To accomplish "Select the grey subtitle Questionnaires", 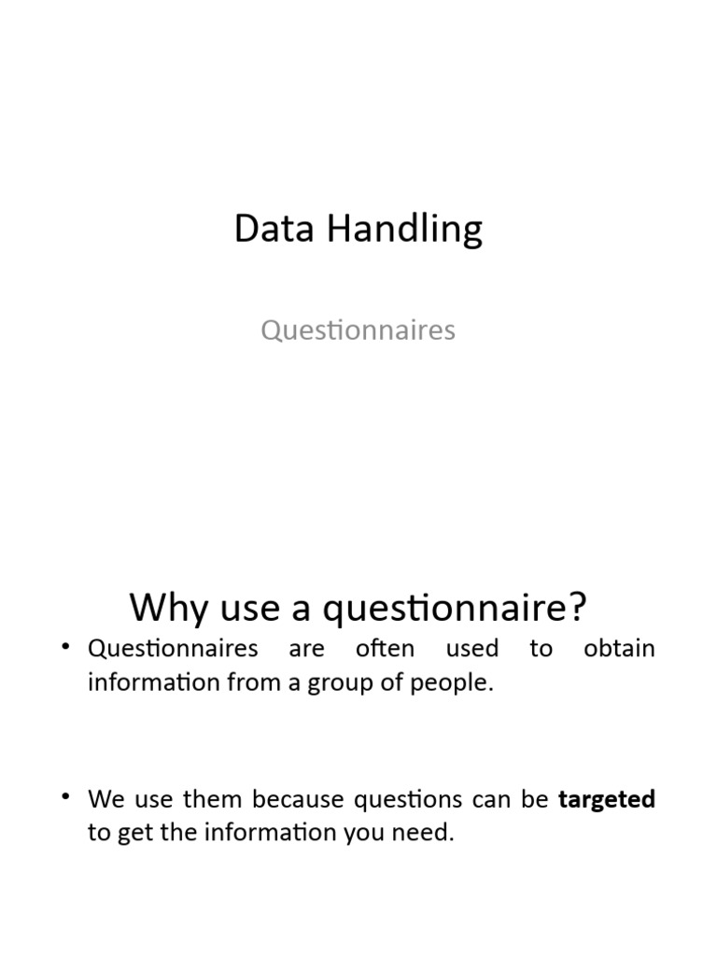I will point(358,330).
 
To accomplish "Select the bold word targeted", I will point(607,800).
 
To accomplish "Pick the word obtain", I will point(619,649).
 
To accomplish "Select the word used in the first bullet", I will point(472,649).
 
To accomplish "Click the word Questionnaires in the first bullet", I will point(173,649).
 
